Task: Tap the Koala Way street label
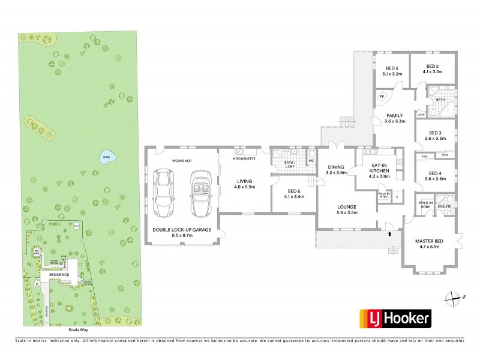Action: (x=78, y=329)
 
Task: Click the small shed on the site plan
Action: (x=75, y=226)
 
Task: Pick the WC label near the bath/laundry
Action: (x=311, y=161)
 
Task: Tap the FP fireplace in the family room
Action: (x=381, y=97)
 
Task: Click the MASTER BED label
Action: (x=428, y=242)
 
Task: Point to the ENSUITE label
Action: (x=444, y=206)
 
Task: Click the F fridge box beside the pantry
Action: (x=396, y=196)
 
